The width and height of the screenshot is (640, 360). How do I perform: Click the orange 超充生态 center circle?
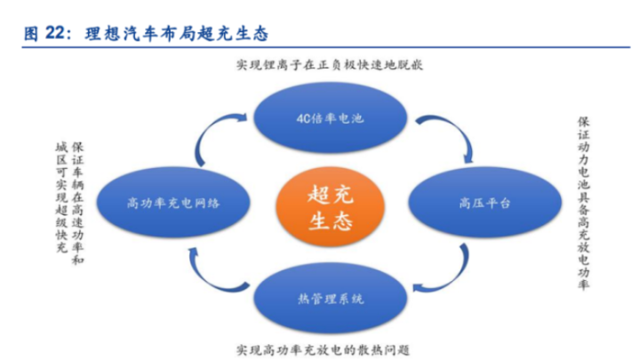[x=330, y=206]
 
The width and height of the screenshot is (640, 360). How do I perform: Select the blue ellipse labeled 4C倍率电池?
[x=330, y=118]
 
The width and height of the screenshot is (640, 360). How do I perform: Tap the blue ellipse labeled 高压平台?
[x=485, y=203]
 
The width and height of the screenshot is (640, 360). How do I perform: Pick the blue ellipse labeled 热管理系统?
[x=330, y=299]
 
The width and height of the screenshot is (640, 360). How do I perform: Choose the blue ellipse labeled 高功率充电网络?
[x=173, y=203]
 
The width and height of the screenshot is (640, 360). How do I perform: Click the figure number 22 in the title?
[x=55, y=33]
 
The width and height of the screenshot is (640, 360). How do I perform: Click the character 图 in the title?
[x=31, y=34]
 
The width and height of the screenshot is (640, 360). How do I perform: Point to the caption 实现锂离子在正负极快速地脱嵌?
[x=330, y=65]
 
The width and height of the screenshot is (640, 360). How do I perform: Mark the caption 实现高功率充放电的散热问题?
[x=323, y=350]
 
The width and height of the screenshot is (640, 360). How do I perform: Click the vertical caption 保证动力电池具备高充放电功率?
[x=584, y=204]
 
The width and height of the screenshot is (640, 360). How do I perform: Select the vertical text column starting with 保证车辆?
[x=77, y=204]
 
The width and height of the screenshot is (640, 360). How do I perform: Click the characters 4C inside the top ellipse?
[x=303, y=119]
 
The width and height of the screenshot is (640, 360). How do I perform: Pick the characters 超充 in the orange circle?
[x=330, y=194]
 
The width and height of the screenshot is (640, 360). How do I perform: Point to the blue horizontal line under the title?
[x=325, y=47]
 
